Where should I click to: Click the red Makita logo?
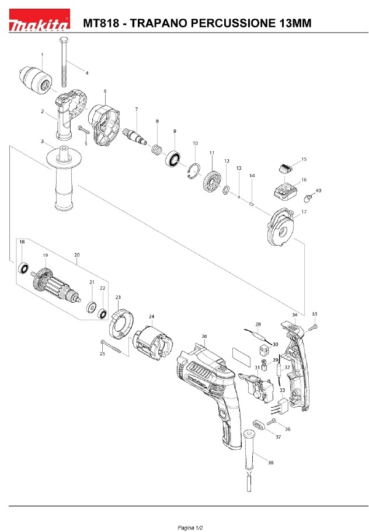point(39,20)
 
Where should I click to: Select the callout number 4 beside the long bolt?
point(87,73)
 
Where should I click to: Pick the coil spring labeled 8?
point(156,149)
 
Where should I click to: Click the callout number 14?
point(252,176)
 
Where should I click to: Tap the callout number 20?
point(76,255)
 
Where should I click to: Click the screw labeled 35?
point(313,327)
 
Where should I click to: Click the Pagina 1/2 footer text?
point(190,528)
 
